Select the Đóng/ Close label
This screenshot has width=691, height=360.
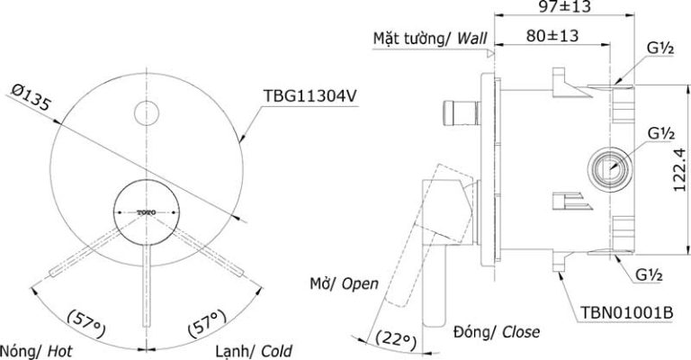498,332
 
